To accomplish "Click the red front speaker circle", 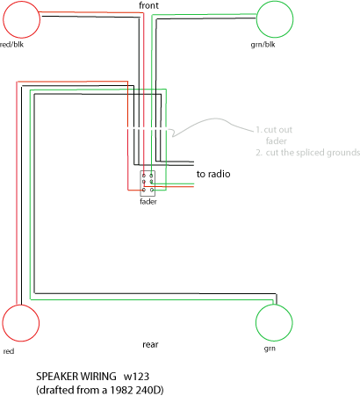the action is click(40, 19).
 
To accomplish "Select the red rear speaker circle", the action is click(39, 323).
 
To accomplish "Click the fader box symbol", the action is click(140, 183).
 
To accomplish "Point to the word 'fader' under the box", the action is click(148, 202).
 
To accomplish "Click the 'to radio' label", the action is click(213, 174).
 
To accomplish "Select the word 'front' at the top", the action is click(148, 5).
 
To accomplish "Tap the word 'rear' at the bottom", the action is click(150, 345).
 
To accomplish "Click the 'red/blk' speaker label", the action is click(11, 45).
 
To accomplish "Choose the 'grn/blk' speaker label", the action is click(263, 45).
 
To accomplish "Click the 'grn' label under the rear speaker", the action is click(270, 349).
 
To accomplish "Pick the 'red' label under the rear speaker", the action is click(9, 351).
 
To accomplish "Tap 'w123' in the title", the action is click(136, 377).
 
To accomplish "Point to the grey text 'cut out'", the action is click(278, 130).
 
